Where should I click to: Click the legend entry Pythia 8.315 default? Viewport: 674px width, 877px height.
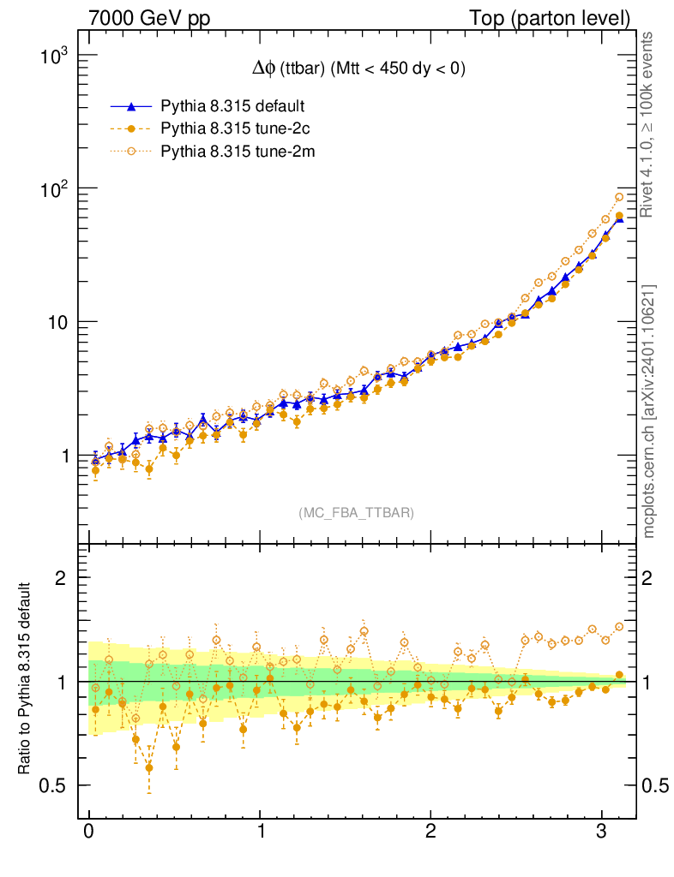(x=232, y=107)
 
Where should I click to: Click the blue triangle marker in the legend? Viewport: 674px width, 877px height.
(x=130, y=107)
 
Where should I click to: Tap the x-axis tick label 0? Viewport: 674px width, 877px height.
(x=89, y=832)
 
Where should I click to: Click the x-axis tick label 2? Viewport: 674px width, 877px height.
(x=430, y=832)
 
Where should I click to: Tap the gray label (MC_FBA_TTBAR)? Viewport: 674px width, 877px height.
(x=357, y=513)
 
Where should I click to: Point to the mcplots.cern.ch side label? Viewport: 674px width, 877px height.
(x=650, y=411)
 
